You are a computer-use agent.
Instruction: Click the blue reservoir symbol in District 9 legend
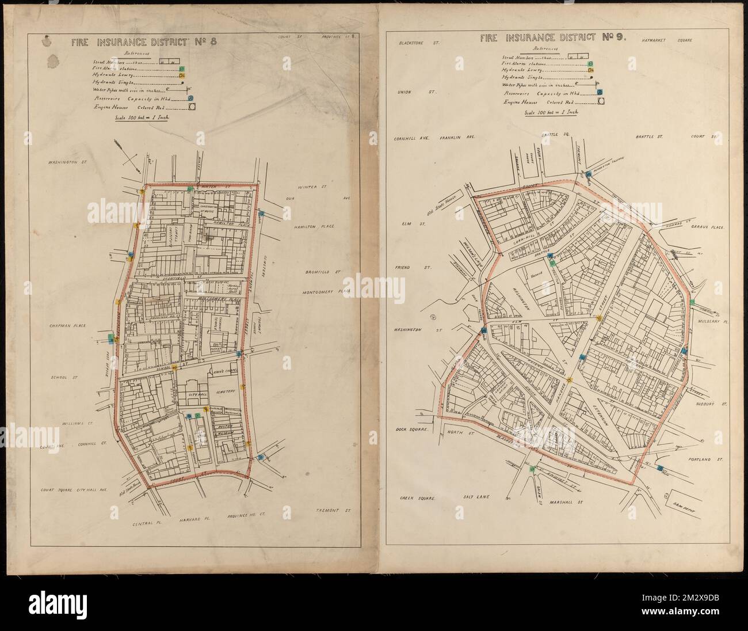point(599,92)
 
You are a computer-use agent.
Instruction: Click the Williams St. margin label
point(72,423)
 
